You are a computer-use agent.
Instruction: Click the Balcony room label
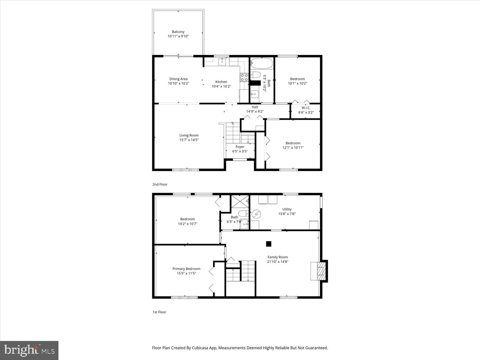point(178,32)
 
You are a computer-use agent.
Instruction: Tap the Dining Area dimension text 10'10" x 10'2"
point(178,83)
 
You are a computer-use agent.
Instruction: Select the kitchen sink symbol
point(222,61)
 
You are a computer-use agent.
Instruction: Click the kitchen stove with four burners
point(244,77)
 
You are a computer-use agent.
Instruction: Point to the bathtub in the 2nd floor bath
point(262,63)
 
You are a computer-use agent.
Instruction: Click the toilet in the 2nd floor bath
point(255,75)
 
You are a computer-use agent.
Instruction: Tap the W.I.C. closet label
point(306,108)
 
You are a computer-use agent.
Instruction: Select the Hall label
point(255,107)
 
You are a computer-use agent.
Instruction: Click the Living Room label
point(189,135)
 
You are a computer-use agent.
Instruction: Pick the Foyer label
point(240,147)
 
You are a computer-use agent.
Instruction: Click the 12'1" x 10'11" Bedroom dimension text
point(293,148)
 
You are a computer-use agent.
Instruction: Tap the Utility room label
point(287,209)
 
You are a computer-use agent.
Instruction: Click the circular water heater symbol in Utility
point(256,214)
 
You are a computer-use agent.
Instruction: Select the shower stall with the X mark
point(240,201)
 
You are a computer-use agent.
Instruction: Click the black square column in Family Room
point(268,244)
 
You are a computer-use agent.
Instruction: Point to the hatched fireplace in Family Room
point(321,271)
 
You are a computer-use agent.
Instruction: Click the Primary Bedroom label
point(186,269)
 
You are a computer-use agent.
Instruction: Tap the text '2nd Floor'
point(160,184)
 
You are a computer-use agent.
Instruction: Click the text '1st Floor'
point(159,312)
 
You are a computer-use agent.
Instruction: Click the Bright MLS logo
point(29,350)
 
